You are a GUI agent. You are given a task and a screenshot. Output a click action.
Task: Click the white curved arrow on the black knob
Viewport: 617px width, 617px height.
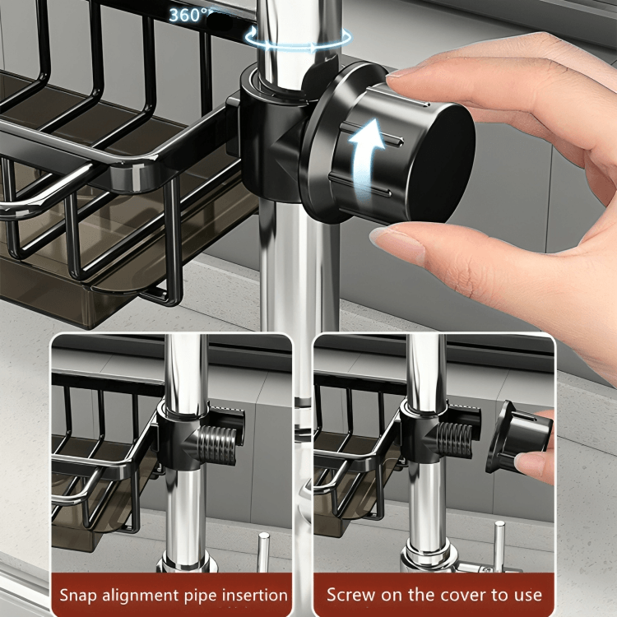point(366,157)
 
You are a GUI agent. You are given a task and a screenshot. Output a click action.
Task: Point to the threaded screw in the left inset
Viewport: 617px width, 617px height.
point(217,445)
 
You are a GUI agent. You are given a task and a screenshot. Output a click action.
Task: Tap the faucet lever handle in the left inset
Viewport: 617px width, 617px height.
point(263,551)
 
